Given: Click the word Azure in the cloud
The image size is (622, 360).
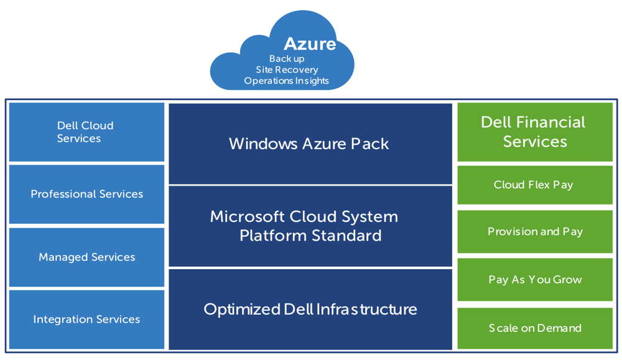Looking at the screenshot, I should (309, 44).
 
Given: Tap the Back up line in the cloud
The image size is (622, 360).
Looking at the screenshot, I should (287, 59).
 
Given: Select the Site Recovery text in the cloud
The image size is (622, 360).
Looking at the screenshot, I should (287, 70).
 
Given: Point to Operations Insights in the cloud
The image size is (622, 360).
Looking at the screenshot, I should (287, 81).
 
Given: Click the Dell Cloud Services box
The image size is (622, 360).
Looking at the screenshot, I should (86, 132).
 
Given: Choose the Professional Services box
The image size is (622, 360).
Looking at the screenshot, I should (86, 194).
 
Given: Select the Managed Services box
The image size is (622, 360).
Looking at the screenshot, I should (86, 257).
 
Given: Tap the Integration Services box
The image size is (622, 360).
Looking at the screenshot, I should (86, 320).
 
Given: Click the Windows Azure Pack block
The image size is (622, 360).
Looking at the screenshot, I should (310, 144).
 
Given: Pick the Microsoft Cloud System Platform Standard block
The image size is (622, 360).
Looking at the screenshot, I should (310, 226).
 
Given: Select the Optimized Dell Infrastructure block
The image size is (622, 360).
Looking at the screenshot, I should (310, 309).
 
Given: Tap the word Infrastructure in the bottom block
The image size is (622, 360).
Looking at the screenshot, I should (366, 309).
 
